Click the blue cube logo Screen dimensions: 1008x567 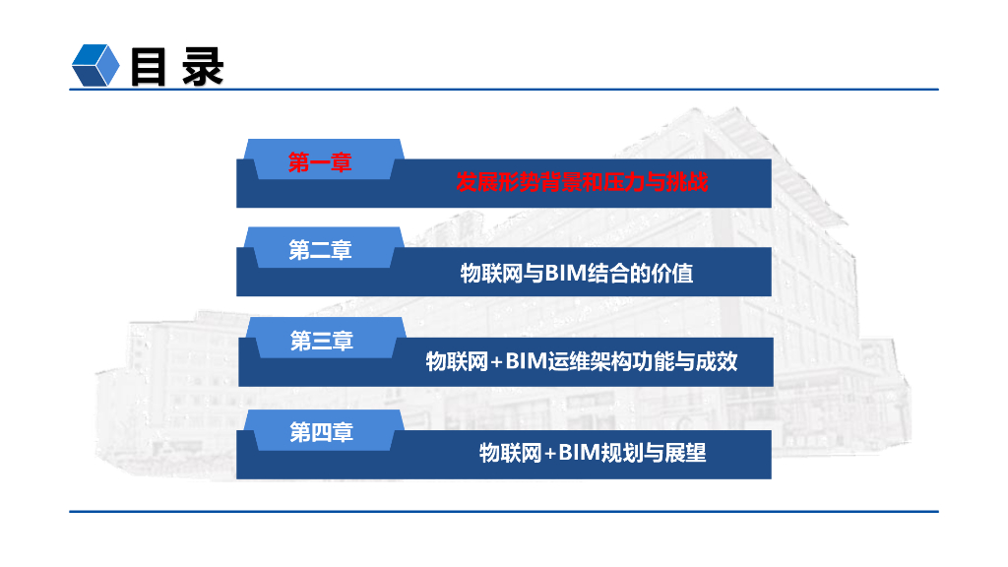96,66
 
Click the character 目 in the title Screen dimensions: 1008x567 148,66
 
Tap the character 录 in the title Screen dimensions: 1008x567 204,66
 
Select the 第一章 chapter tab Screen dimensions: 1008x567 320,162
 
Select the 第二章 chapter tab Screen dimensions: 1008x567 320,251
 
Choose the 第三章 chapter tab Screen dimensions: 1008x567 322,342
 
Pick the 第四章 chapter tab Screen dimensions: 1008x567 321,432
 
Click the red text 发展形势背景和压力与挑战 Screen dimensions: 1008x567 582,183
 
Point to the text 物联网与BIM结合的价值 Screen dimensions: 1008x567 577,273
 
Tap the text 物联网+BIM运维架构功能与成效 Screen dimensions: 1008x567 581,362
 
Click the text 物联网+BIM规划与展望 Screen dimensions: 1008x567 593,454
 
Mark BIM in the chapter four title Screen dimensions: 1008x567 580,454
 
